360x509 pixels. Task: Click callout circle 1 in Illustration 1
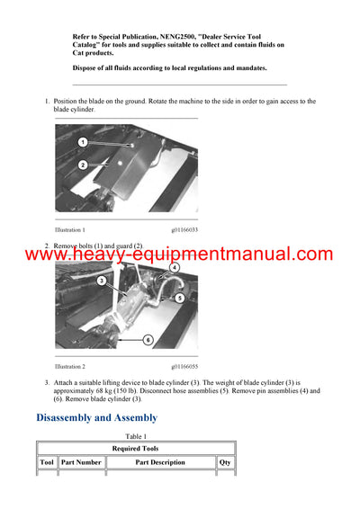[x=82, y=142]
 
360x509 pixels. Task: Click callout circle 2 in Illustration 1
[x=82, y=165]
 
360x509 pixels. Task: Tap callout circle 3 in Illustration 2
[x=102, y=281]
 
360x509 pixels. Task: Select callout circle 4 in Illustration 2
[x=174, y=267]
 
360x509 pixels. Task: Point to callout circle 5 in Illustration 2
[x=179, y=298]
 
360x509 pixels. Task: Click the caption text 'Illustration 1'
[x=70, y=230]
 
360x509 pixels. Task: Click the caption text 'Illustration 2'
[x=70, y=367]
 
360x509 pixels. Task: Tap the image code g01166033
[x=184, y=230]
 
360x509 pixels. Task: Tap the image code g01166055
[x=184, y=367]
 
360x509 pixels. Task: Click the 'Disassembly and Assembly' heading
[x=96, y=417]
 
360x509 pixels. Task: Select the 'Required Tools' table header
[x=135, y=448]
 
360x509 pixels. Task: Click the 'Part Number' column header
[x=81, y=462]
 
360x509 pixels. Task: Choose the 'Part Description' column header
[x=160, y=462]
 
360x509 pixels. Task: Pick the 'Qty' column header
[x=225, y=462]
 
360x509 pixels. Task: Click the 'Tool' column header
[x=47, y=462]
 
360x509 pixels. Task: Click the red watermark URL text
[x=178, y=255]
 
